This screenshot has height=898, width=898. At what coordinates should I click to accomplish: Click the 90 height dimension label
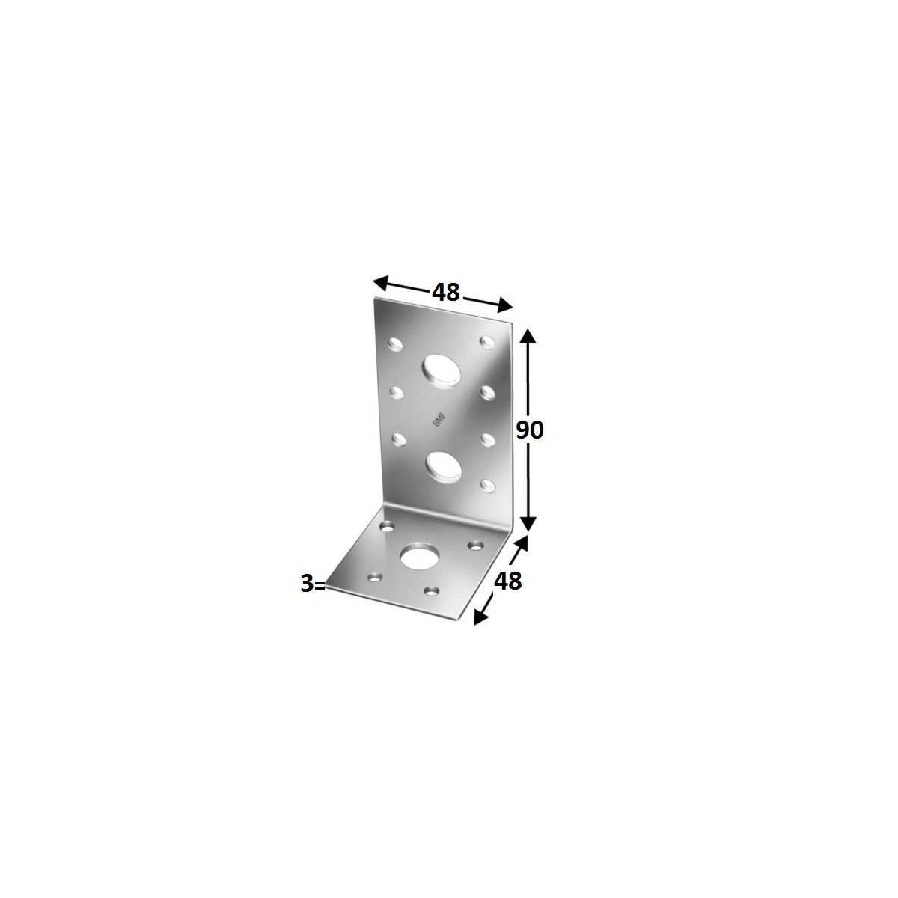[x=529, y=430]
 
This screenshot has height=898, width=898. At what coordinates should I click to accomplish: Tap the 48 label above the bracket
[x=446, y=292]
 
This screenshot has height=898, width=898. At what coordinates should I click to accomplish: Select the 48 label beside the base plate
[x=508, y=581]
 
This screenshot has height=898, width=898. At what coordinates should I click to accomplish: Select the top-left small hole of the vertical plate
[x=395, y=345]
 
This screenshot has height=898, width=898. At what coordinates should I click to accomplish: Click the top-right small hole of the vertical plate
[x=488, y=342]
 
